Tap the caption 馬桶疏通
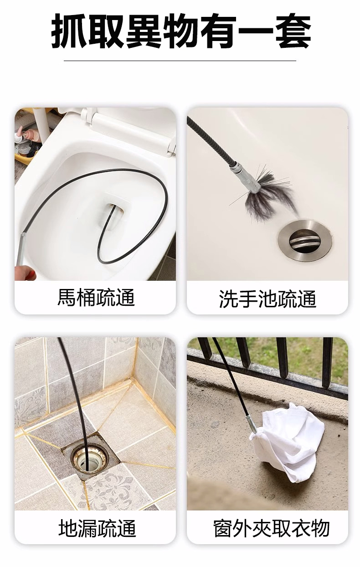(x=96, y=297)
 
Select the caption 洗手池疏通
(x=267, y=299)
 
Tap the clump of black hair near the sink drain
(x=269, y=194)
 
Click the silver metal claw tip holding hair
(x=246, y=176)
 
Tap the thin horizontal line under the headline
(x=180, y=61)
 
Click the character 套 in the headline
(x=293, y=31)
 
